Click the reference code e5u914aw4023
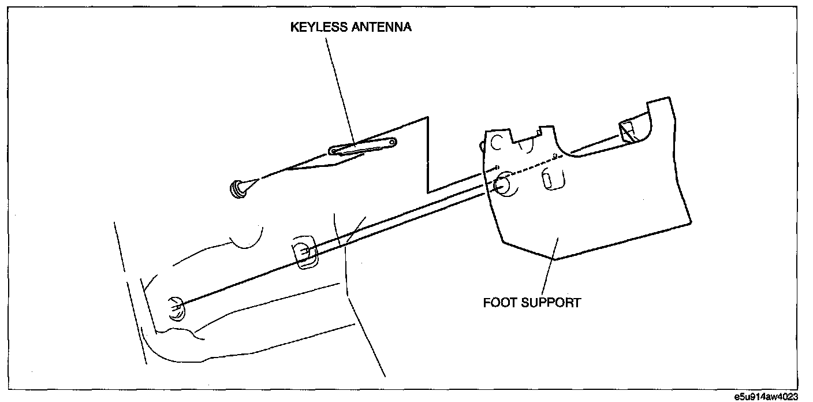pyautogui.click(x=766, y=397)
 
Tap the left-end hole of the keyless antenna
pyautogui.click(x=333, y=151)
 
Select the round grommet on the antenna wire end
pyautogui.click(x=237, y=188)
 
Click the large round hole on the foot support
pyautogui.click(x=501, y=184)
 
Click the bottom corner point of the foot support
pyautogui.click(x=555, y=260)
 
